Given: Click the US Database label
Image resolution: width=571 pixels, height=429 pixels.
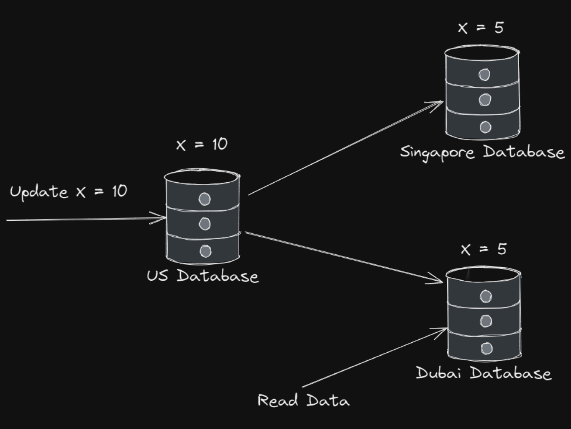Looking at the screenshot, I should [x=202, y=276].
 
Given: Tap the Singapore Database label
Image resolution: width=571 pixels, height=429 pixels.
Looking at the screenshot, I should [x=482, y=152].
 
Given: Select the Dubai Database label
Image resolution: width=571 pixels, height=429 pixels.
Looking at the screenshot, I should [x=483, y=373].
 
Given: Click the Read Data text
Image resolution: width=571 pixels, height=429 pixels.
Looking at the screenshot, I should [x=303, y=401].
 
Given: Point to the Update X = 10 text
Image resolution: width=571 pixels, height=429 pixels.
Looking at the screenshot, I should [x=68, y=192].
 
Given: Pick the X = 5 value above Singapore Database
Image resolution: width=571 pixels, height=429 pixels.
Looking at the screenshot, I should [x=481, y=28].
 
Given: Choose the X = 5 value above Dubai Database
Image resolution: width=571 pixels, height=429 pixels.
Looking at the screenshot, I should [x=483, y=249].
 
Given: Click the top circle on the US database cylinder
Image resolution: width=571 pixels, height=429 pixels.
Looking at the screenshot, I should [x=204, y=199].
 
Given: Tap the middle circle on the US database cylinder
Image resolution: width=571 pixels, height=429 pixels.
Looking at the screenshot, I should [x=204, y=224].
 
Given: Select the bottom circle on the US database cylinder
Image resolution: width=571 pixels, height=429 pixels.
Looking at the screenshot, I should [x=205, y=251].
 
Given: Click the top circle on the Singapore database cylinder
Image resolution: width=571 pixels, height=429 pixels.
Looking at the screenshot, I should [x=484, y=75].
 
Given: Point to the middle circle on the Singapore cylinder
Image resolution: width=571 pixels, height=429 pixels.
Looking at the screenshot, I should [x=484, y=100].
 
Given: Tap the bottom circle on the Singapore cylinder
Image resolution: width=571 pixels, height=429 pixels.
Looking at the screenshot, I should [x=485, y=127].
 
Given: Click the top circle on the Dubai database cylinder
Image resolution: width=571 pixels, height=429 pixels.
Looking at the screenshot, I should [x=486, y=296].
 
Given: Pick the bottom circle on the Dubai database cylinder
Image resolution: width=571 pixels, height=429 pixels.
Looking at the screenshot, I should [x=487, y=348].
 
